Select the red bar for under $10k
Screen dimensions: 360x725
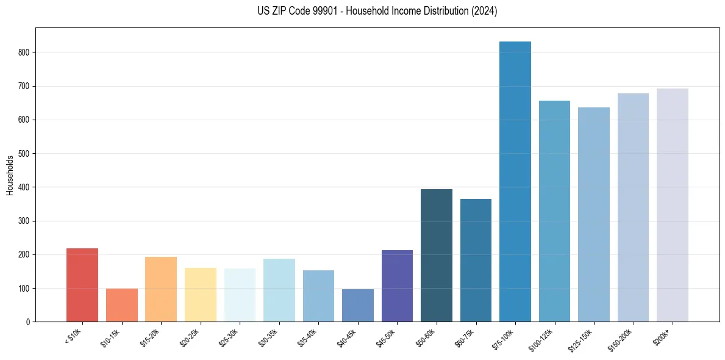click(x=82, y=285)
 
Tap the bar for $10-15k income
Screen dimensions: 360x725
click(x=121, y=305)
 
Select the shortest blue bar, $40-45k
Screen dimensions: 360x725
click(x=358, y=306)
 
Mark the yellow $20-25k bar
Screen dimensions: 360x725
click(x=200, y=295)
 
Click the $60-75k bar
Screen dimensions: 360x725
click(x=476, y=260)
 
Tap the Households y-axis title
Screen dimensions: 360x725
click(x=10, y=175)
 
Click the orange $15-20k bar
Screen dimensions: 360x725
click(x=161, y=289)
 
